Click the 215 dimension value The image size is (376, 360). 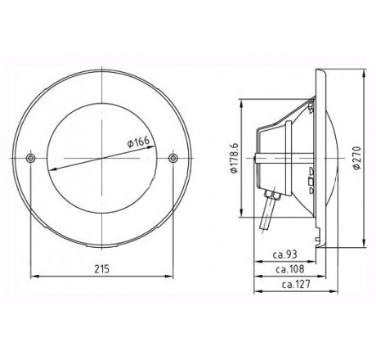tap(101, 268)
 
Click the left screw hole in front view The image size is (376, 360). tap(30, 157)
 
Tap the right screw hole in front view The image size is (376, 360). tap(172, 157)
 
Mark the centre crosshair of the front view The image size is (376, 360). tap(101, 157)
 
